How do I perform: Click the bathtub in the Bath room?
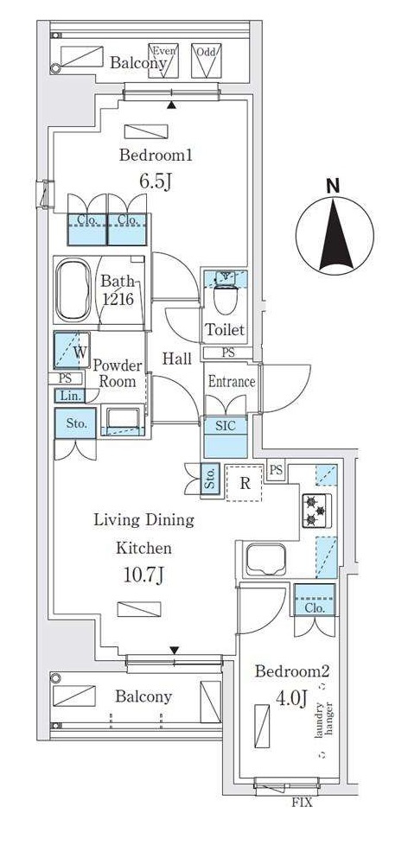click(73, 290)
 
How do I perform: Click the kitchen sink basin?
click(265, 559)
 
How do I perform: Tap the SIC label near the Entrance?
click(226, 426)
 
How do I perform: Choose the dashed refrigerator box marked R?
click(245, 482)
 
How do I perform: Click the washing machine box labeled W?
click(73, 350)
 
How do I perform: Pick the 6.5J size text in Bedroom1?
click(156, 181)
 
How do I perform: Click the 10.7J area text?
click(143, 576)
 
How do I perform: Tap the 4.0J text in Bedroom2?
click(291, 698)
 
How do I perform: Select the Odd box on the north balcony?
click(206, 60)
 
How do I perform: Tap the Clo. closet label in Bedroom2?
click(315, 608)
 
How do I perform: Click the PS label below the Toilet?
click(228, 353)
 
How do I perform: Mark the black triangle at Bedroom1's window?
click(171, 105)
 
